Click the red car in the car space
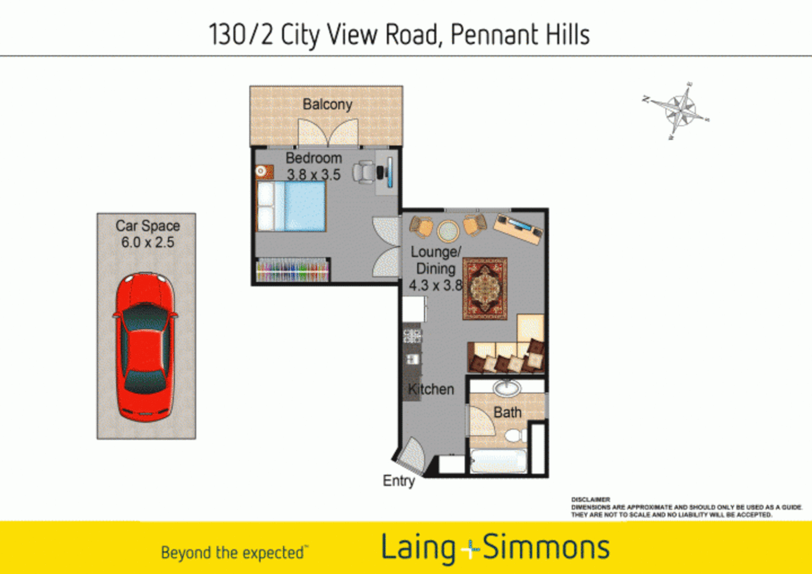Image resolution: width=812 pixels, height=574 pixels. (145, 347)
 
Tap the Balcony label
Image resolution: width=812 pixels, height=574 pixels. (327, 104)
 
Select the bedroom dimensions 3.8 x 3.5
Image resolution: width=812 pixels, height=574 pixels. (314, 174)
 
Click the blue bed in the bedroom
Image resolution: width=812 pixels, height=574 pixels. (292, 207)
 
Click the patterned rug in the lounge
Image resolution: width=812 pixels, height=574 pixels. (485, 289)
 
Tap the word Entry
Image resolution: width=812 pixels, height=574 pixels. (399, 481)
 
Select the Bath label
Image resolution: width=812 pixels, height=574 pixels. (508, 412)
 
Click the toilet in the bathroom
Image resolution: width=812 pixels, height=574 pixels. (514, 436)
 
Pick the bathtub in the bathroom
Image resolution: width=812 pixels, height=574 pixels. (498, 461)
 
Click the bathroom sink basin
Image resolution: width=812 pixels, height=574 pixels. (506, 387)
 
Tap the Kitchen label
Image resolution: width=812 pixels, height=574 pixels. (431, 390)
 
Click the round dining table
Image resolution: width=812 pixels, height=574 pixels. (448, 231)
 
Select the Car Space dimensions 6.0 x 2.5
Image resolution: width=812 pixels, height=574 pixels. (148, 242)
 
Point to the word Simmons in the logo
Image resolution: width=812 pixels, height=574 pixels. (546, 547)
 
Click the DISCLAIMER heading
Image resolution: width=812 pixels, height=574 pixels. (590, 500)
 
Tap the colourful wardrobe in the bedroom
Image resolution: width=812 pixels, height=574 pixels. (292, 269)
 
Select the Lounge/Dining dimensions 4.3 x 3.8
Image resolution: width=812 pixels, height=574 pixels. (435, 286)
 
